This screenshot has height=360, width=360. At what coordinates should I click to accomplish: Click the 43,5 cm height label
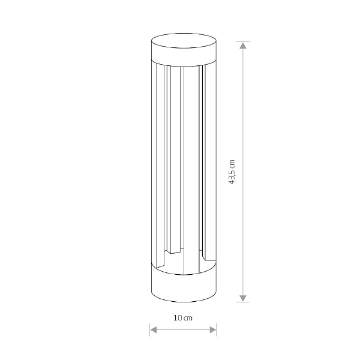pos(232,172)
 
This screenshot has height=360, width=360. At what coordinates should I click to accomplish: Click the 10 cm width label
pos(183,318)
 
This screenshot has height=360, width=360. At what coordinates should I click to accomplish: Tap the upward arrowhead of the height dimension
pos(243,46)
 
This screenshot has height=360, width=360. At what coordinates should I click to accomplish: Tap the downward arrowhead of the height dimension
pos(243,298)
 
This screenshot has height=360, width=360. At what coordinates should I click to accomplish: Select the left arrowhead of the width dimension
pos(154,330)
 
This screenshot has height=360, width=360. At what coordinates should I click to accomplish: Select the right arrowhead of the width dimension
pos(213,330)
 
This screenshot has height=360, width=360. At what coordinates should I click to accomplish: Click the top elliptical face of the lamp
pos(184,41)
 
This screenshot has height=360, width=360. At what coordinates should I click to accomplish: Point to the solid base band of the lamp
pos(184,284)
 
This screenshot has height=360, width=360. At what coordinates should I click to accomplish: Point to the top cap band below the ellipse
pos(184,55)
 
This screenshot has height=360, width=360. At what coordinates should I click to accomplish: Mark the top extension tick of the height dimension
pos(243,42)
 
